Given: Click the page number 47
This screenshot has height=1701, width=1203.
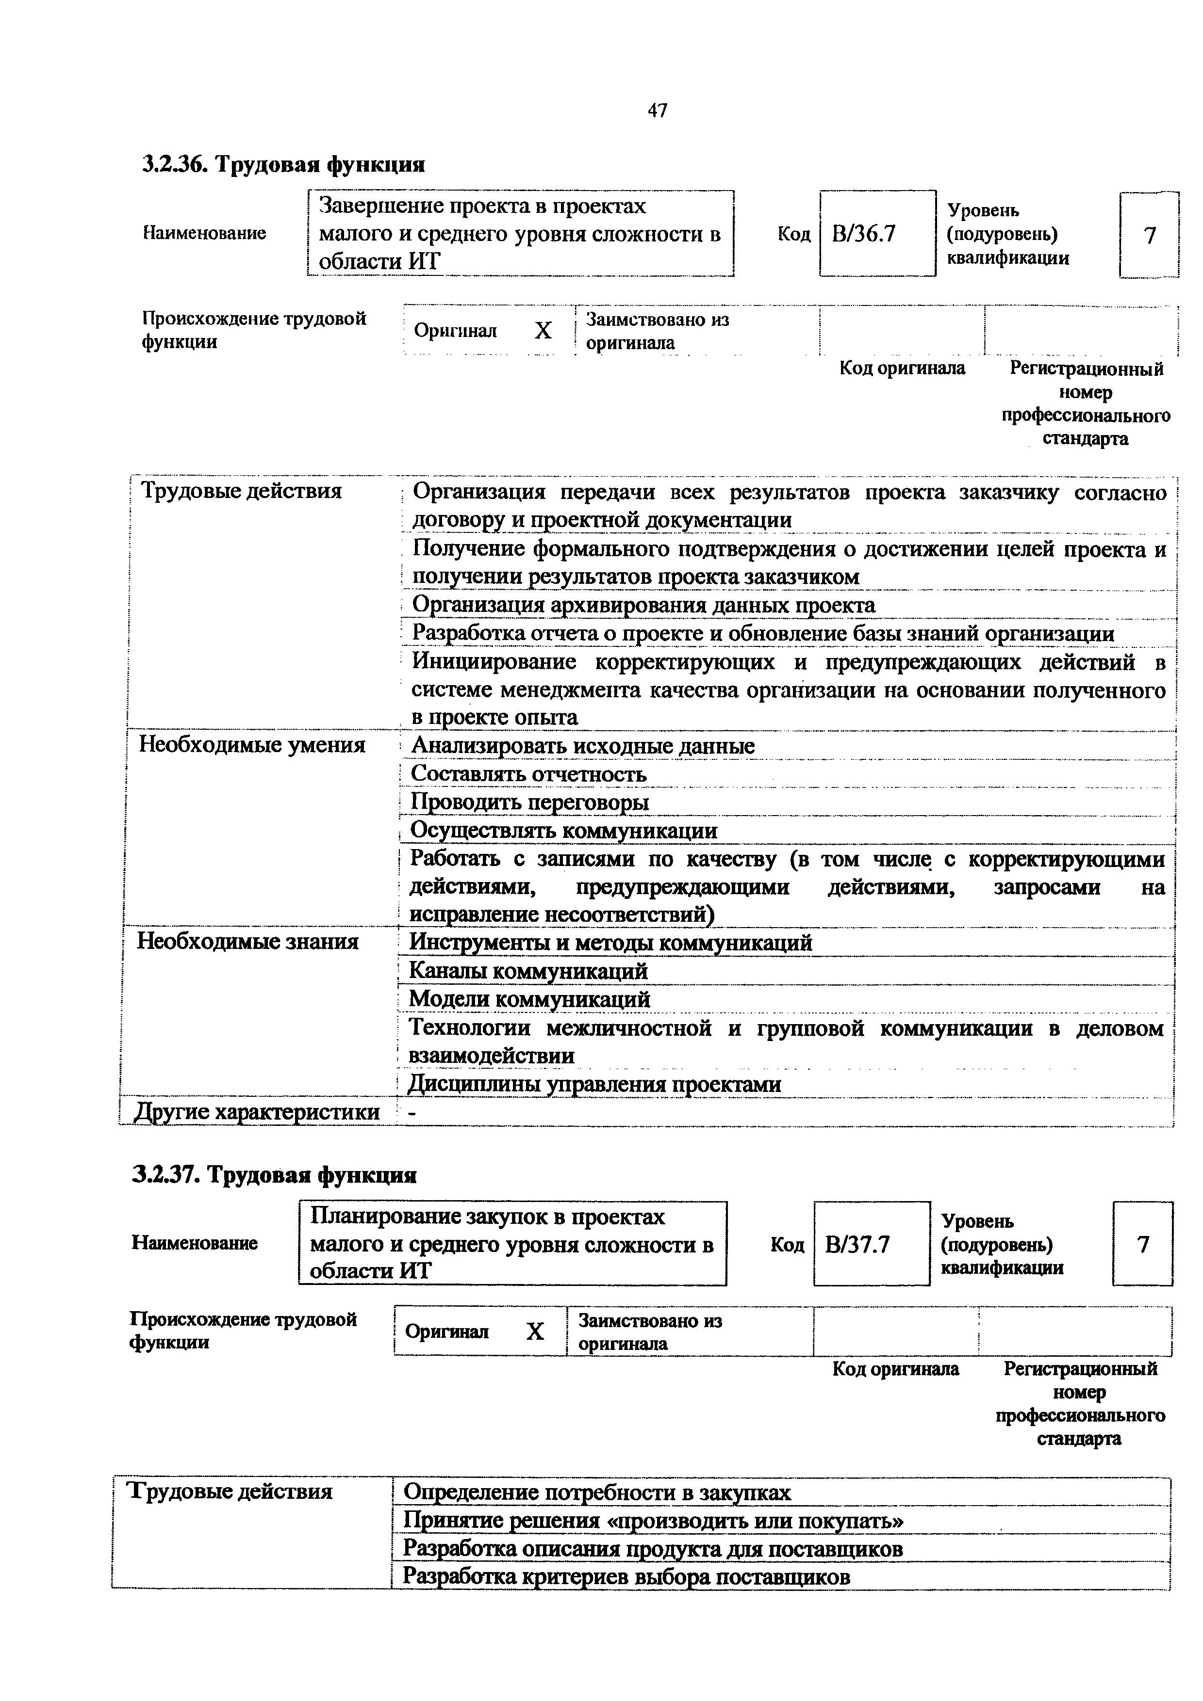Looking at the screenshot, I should click(657, 111).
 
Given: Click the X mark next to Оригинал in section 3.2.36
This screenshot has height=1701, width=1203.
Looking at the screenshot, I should click(544, 330).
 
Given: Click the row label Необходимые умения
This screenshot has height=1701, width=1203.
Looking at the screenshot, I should click(252, 745).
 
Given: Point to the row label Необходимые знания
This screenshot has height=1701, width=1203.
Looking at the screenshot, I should click(247, 942).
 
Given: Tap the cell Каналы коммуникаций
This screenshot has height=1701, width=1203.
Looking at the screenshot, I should click(528, 971).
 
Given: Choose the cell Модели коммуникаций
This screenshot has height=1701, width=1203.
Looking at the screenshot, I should click(529, 999).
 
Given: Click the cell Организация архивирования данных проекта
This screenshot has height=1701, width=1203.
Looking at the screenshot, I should click(643, 605).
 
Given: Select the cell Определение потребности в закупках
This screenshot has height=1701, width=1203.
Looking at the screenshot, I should click(597, 1492).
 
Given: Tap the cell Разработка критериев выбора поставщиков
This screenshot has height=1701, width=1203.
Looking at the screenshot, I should click(626, 1576).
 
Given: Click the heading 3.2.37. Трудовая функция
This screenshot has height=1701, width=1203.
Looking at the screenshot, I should click(274, 1175).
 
